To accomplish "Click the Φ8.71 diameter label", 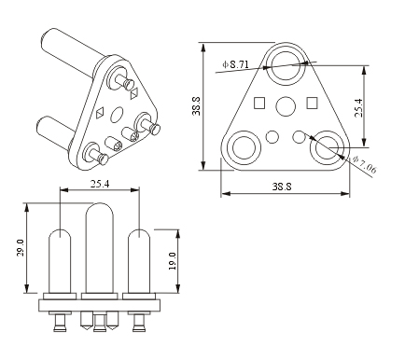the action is point(235,64).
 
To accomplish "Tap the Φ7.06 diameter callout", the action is point(365,164).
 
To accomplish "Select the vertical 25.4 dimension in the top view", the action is point(358,107).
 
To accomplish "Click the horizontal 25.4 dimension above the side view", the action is point(100,184).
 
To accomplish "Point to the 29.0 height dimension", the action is point(21,248).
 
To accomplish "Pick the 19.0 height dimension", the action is point(172,261).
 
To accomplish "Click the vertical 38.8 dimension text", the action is point(196,106).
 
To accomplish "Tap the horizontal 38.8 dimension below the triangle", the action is point(282,187).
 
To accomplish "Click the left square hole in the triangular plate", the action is point(259,104).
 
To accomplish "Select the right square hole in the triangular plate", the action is point(312,103).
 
